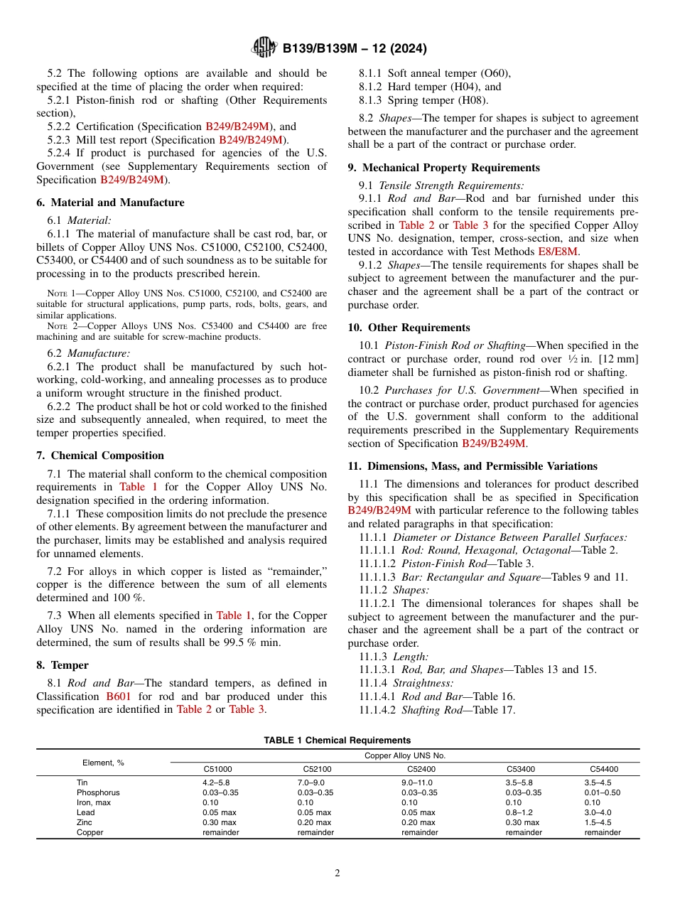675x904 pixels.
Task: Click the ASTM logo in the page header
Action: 264,48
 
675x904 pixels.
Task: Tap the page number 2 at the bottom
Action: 337,873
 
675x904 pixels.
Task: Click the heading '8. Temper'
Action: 63,665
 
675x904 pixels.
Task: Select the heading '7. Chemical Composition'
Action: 100,456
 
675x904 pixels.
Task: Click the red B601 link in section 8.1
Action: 118,696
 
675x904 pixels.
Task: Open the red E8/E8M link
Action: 559,252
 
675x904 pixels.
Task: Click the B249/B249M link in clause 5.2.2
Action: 238,127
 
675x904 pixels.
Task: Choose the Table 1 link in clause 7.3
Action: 233,615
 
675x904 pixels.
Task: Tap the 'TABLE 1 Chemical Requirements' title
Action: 337,741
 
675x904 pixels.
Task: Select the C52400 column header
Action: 421,769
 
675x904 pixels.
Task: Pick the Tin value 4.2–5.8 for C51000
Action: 217,782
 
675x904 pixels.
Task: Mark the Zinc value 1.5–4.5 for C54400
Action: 598,822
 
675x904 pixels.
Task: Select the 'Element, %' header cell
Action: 103,763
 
